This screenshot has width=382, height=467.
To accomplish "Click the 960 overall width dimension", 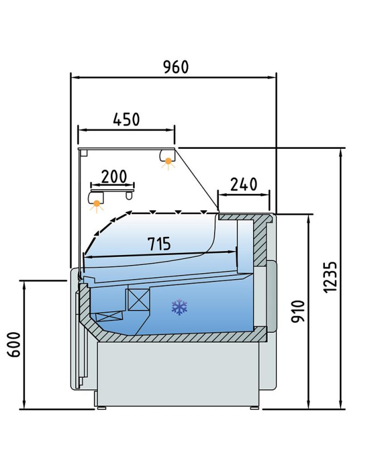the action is click(176, 67).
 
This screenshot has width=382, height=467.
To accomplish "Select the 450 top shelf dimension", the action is click(127, 119).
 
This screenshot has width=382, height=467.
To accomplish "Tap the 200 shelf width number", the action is click(114, 176).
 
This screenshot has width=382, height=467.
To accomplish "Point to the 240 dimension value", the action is click(244, 184).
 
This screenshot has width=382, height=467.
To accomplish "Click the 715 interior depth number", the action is click(159, 243).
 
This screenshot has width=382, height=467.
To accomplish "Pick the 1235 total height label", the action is click(330, 278).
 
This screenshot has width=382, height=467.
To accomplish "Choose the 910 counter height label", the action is click(298, 312).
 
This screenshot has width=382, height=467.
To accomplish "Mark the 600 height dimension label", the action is click(14, 344).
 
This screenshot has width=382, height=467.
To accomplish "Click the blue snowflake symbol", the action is click(180, 308).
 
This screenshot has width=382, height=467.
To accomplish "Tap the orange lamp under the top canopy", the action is click(169, 162).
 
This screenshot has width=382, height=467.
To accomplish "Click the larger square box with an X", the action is click(138, 299).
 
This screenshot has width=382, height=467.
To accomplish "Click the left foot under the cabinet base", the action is click(100, 407).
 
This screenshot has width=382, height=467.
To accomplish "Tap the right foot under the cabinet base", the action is click(254, 407).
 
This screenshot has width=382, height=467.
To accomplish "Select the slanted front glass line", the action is click(197, 178).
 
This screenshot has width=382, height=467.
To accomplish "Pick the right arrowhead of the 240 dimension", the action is click(266, 195).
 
